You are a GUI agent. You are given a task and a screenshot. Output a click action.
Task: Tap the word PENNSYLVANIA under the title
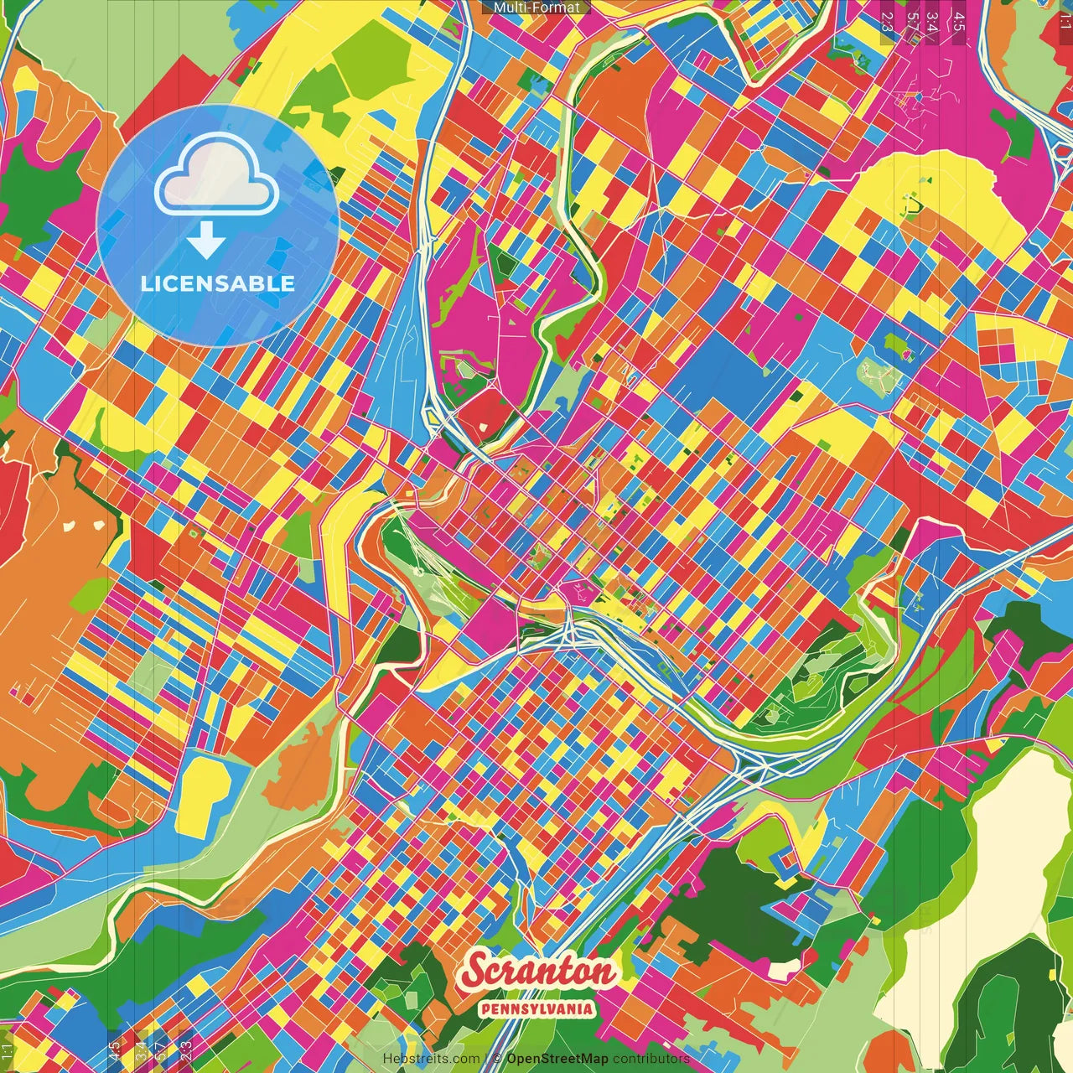(x=537, y=1009)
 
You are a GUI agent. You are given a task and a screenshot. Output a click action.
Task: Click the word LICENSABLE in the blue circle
(x=217, y=283)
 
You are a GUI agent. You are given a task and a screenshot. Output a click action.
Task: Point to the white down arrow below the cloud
(x=206, y=241)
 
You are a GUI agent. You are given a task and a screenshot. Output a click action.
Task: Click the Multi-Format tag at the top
(x=536, y=8)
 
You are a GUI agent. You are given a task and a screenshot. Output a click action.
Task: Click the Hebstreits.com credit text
(x=432, y=1059)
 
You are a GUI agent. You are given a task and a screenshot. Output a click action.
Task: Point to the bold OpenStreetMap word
(x=557, y=1059)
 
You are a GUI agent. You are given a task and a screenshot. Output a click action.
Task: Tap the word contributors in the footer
(x=651, y=1059)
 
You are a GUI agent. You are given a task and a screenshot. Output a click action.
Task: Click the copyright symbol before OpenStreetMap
(x=497, y=1059)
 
